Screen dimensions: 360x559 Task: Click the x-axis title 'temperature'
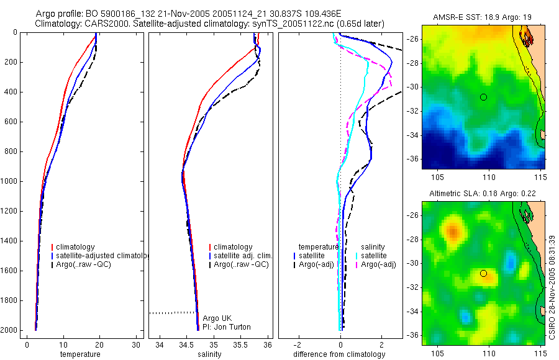[x=80, y=354]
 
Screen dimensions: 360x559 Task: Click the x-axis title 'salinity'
[x=209, y=354]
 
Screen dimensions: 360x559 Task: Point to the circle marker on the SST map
[x=483, y=97]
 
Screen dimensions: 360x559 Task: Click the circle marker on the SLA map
[x=483, y=273]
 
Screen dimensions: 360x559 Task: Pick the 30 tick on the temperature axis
[x=136, y=344]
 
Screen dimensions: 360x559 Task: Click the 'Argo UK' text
[x=217, y=318]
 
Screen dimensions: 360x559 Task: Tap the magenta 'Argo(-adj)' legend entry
[x=378, y=264]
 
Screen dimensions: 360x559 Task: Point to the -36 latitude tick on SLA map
[x=412, y=334]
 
